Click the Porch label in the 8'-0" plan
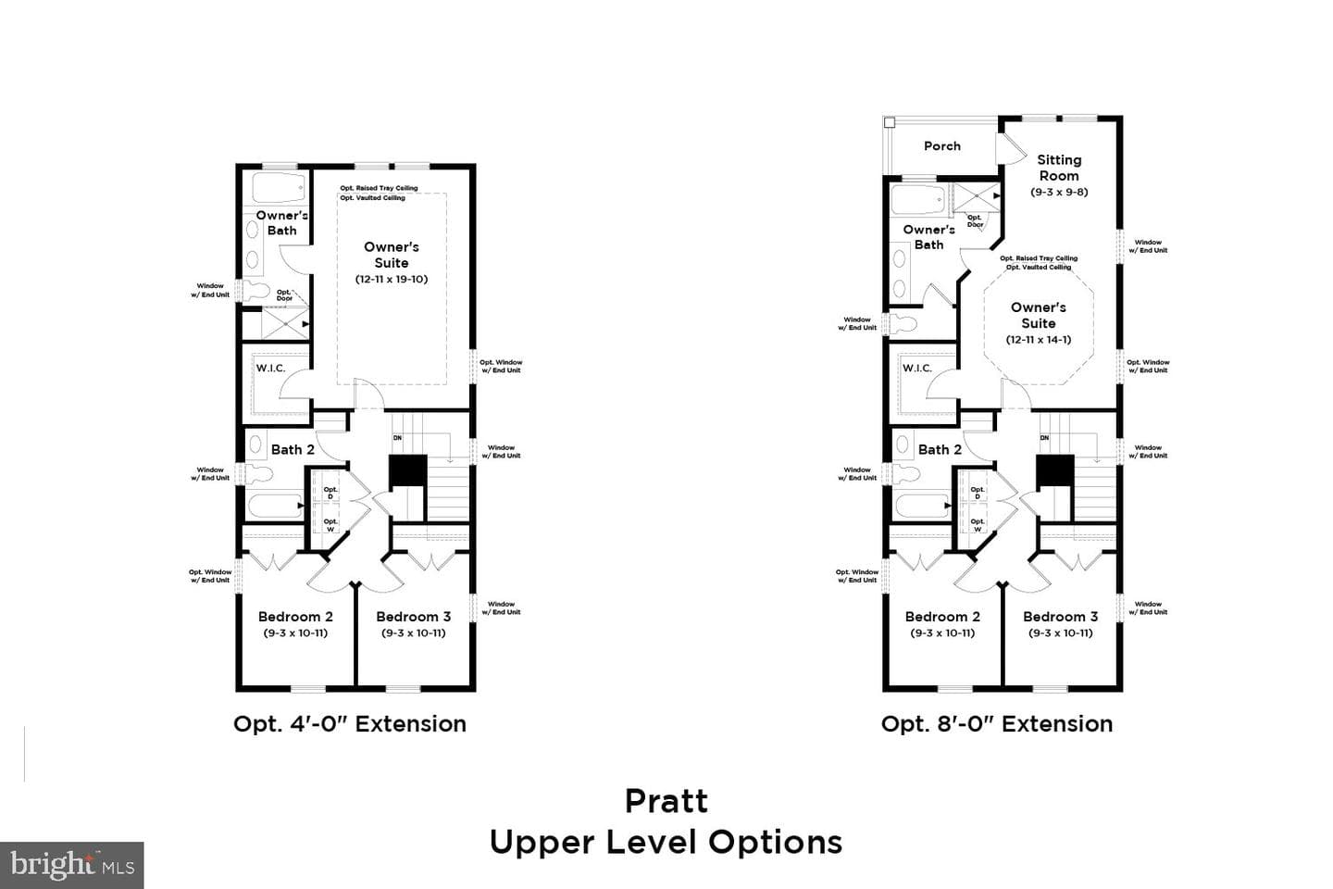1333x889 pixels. [x=942, y=146]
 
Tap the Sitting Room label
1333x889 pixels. [x=1059, y=168]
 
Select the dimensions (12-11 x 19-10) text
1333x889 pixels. [x=392, y=279]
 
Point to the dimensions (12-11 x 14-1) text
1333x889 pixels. [x=1039, y=340]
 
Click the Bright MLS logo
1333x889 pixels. [x=72, y=865]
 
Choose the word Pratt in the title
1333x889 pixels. [x=666, y=801]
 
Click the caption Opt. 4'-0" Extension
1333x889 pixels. [x=350, y=724]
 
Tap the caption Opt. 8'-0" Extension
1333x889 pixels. [x=997, y=724]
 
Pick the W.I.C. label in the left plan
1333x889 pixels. [x=270, y=368]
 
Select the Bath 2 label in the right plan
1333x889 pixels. [x=940, y=449]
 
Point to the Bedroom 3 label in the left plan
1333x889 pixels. [x=414, y=617]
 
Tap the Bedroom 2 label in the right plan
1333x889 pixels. [x=942, y=617]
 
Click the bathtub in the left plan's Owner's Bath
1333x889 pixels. [x=279, y=188]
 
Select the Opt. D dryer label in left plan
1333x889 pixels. [x=330, y=493]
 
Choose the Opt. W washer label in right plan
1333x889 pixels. [x=978, y=525]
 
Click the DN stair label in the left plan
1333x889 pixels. [x=397, y=438]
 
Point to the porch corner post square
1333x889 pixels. [x=890, y=123]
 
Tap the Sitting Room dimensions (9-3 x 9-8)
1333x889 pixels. [x=1059, y=192]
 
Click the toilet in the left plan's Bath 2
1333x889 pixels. [x=257, y=474]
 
